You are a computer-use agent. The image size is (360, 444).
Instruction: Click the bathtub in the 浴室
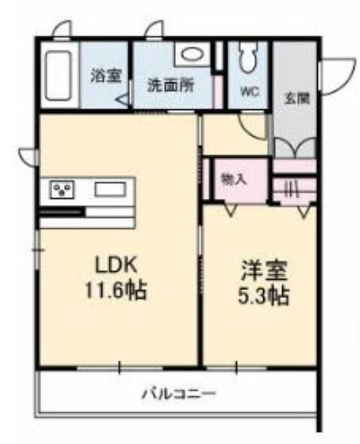pos(58,75)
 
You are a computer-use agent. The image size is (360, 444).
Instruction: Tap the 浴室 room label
pos(106,75)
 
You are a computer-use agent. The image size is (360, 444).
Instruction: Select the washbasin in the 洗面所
pos(192,54)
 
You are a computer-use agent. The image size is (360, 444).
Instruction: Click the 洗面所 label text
pos(171,85)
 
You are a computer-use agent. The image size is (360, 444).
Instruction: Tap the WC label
pos(250,92)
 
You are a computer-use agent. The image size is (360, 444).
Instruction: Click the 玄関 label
pos(297,99)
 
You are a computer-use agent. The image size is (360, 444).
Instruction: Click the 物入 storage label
pos(233,179)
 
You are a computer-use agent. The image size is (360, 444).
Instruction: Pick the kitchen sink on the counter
pos(111,189)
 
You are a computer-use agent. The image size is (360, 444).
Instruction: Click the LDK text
pos(116,265)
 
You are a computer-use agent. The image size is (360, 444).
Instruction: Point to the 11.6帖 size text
pos(116,290)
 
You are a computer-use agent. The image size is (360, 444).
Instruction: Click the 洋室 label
pos(264,271)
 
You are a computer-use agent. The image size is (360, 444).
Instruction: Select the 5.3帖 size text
pos(264,296)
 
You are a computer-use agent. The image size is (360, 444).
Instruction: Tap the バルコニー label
pos(179,393)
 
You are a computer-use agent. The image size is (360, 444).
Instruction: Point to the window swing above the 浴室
pos(62,29)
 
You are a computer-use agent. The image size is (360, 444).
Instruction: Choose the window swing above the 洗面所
pos(154,29)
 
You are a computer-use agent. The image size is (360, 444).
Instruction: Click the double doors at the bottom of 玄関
pos(296,147)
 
